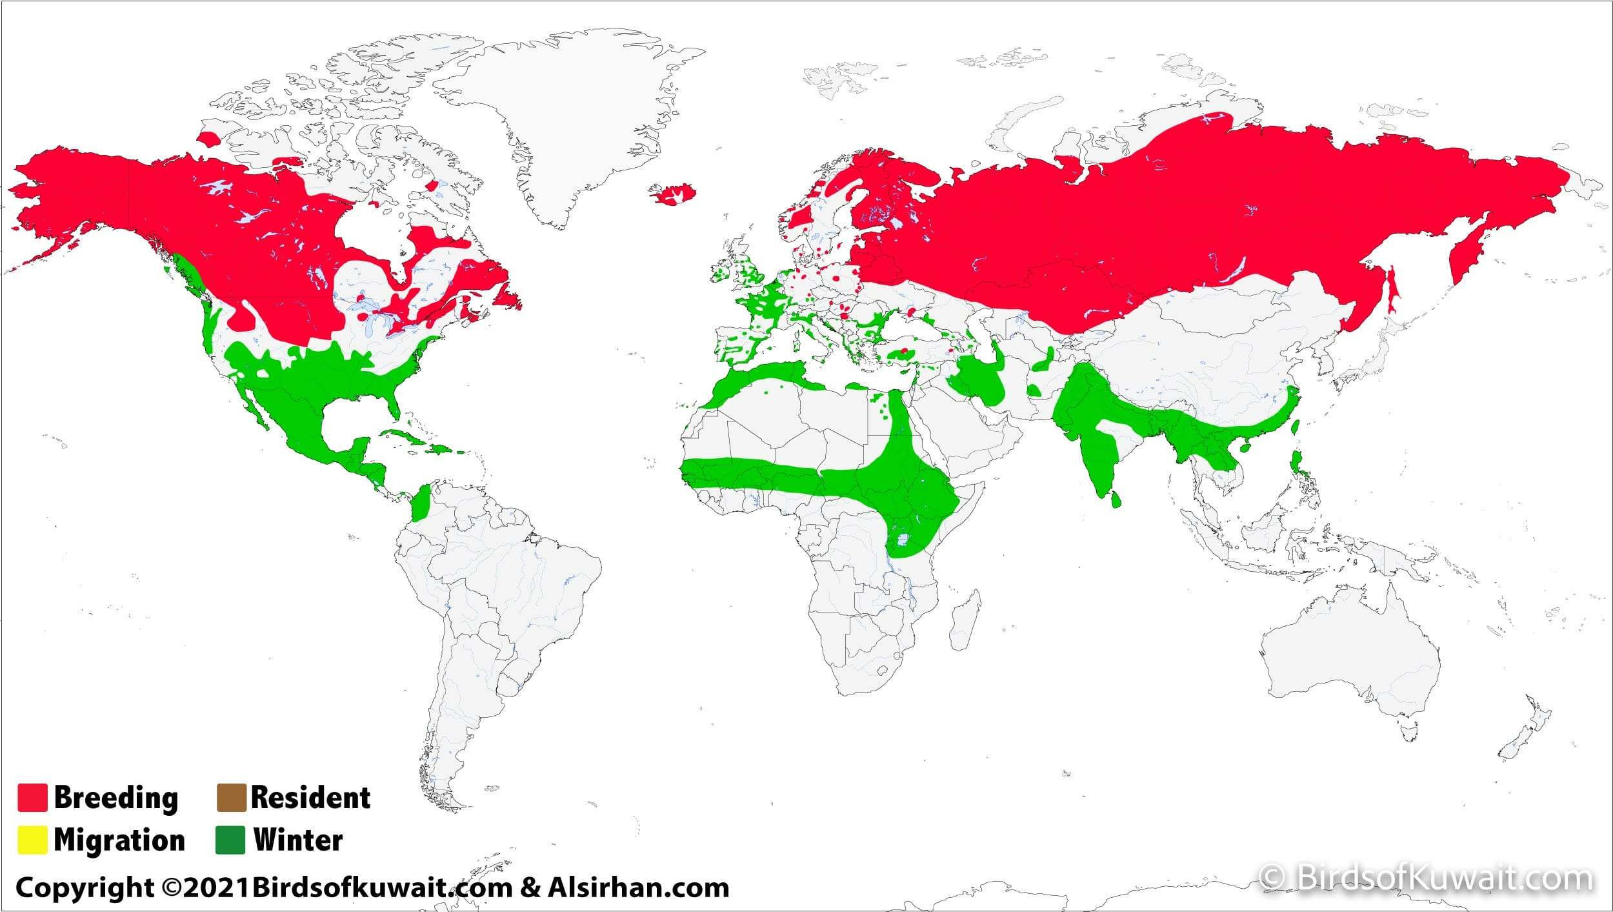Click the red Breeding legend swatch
click(32, 798)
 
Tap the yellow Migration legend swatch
click(32, 840)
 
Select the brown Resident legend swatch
click(231, 798)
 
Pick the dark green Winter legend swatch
click(230, 840)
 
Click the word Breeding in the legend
click(116, 798)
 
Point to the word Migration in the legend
click(119, 840)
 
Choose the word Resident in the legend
click(310, 798)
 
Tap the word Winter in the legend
click(298, 840)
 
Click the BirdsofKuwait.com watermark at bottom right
click(1426, 878)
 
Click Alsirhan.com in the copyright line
click(639, 887)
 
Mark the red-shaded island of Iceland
click(673, 194)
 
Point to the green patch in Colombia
click(422, 503)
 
